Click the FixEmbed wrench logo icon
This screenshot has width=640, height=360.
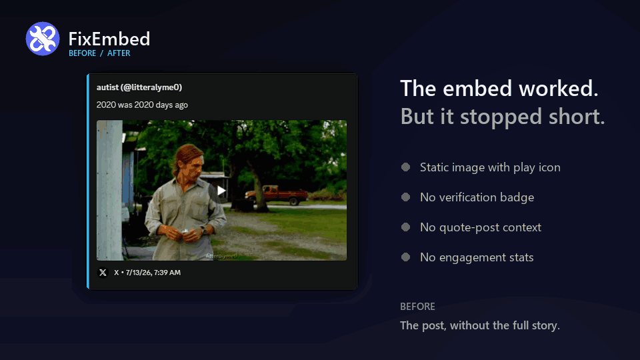point(43,39)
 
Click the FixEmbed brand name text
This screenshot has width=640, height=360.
point(109,39)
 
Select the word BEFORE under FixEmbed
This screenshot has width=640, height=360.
point(83,53)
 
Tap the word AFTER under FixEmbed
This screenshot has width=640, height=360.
point(119,53)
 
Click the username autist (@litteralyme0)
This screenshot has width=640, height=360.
point(139,87)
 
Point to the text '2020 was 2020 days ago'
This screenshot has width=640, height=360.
point(142,105)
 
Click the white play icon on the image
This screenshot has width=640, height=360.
point(221,191)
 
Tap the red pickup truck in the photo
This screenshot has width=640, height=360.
point(276,195)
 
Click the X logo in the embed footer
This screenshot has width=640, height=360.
point(103,272)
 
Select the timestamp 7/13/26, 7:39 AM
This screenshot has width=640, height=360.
point(153,272)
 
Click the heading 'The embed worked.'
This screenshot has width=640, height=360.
point(499,89)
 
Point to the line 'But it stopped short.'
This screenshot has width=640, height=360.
point(503,117)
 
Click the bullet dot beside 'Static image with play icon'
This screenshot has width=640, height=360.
point(405,167)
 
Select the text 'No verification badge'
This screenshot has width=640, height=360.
point(477,197)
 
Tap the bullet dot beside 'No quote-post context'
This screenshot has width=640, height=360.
point(405,227)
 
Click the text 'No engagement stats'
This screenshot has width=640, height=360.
point(477,257)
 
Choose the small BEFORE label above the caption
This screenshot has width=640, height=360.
point(417,307)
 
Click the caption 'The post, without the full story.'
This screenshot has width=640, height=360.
point(479,325)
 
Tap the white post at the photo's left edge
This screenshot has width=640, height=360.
point(109,190)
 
